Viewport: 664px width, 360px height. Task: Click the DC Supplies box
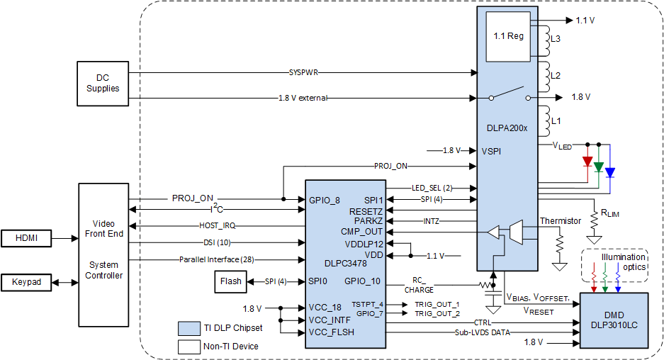(103, 84)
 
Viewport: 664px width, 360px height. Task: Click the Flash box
(230, 281)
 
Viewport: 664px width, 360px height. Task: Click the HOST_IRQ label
(218, 225)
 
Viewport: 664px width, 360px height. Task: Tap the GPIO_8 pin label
(325, 200)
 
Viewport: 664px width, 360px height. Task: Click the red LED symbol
(587, 162)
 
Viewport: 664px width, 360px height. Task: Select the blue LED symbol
(609, 171)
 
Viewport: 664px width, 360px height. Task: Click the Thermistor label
(560, 220)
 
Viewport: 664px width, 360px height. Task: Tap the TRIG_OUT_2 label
(437, 313)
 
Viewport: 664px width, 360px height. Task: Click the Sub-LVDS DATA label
(483, 332)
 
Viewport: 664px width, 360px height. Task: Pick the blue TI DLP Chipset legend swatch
(188, 327)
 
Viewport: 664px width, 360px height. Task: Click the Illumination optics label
(624, 261)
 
